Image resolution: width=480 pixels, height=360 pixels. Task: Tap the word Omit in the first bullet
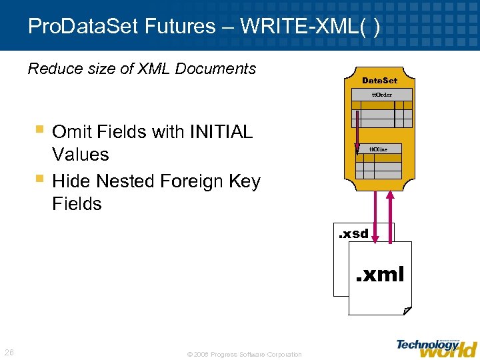(x=72, y=132)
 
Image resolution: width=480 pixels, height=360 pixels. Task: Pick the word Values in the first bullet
(x=80, y=155)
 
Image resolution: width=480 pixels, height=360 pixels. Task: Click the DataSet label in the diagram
(x=379, y=81)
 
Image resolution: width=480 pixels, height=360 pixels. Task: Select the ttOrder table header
(x=381, y=95)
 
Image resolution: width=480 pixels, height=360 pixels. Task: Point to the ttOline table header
(x=378, y=149)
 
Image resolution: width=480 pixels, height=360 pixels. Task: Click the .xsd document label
(x=353, y=234)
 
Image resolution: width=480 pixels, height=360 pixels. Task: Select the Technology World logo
(x=436, y=346)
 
